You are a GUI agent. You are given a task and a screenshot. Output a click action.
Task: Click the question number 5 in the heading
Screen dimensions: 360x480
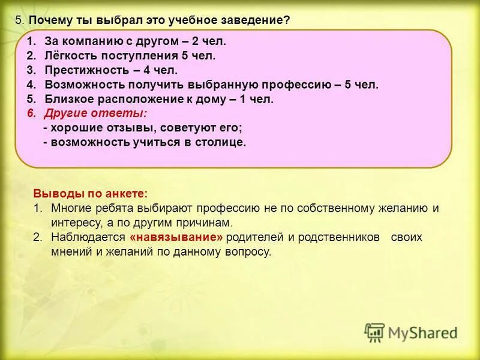point(19,20)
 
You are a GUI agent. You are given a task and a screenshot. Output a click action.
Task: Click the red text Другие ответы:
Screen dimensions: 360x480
point(95,113)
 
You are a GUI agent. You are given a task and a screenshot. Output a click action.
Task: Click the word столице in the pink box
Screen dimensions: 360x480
point(221,142)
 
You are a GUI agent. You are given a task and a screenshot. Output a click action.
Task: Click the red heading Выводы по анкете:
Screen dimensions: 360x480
point(90,194)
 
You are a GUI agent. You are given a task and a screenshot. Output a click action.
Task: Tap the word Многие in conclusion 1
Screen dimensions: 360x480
point(70,208)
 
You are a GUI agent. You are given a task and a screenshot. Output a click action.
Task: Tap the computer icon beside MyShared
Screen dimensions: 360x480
point(374,332)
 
